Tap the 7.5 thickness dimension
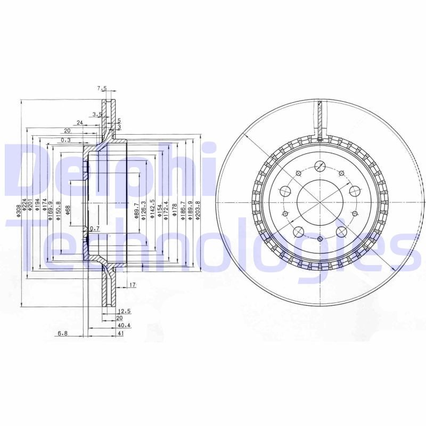(x=102, y=88)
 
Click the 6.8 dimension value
(x=63, y=333)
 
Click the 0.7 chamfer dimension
(x=95, y=229)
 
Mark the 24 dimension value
(x=79, y=122)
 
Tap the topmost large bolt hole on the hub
(x=319, y=166)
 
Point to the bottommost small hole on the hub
(x=319, y=239)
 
